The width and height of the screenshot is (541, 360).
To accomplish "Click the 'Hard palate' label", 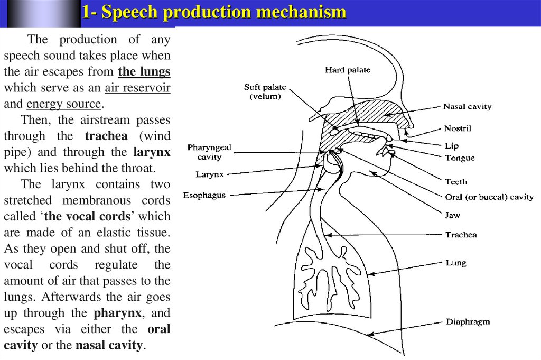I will coord(348,70).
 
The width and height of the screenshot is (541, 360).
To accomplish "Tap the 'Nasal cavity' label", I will coord(467,107).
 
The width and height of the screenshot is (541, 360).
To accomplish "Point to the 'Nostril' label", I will coord(458,128).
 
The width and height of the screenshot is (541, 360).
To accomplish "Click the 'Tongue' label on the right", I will coord(459,158).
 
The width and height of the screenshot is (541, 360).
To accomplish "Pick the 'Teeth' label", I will coord(456,182).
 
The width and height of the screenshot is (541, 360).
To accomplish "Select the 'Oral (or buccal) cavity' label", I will coord(489,197).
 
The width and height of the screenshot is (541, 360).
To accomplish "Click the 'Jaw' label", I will coord(452,215).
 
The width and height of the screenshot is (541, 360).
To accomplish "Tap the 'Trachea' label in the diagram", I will coord(461,235).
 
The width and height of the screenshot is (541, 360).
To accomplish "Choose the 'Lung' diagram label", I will coord(455,263).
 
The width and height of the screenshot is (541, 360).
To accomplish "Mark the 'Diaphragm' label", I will coord(468,321).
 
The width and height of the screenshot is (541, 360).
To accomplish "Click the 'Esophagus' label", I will coord(204,195).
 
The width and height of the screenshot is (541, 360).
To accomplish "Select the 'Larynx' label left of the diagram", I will coord(210,173).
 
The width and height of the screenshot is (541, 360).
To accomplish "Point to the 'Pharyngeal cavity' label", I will coord(209,152).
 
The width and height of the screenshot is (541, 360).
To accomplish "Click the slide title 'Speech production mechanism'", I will coord(214,13).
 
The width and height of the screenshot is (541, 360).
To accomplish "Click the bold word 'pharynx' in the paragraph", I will coord(117,313).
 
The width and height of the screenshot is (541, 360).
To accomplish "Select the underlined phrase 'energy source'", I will coord(63,104).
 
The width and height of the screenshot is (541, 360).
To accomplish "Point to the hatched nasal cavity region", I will coord(370,112).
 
